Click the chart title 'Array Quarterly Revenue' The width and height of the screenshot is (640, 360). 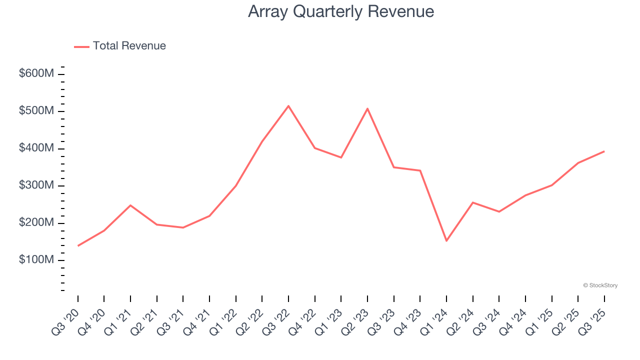pos(340,11)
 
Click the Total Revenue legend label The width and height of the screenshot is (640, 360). pos(129,46)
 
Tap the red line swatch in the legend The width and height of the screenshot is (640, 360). pos(81,46)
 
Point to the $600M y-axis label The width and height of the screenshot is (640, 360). pos(36,74)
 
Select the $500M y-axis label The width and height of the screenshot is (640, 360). pos(36,111)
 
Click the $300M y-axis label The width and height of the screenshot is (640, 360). pos(36,185)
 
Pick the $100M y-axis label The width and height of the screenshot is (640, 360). pos(36,260)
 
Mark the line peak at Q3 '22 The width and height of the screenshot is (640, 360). pos(288,106)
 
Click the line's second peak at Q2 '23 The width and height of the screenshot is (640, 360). pos(367,108)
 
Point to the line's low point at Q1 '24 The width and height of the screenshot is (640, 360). pos(446,241)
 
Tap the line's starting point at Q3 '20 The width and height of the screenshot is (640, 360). pos(78,245)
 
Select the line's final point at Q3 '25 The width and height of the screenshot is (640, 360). pos(604,151)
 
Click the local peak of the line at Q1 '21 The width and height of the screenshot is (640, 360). pos(130,205)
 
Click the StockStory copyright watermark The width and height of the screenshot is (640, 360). pos(600,285)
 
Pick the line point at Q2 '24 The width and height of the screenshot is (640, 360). pos(472,202)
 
